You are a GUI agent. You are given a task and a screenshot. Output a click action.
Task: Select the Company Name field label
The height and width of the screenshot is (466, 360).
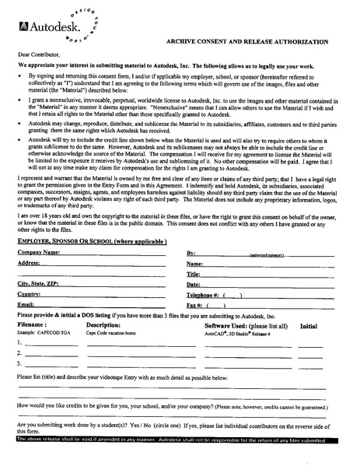tap(38, 254)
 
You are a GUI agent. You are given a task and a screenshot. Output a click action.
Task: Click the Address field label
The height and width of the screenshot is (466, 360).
tap(29, 263)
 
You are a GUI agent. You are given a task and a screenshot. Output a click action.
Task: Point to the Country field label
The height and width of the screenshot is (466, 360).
tap(29, 294)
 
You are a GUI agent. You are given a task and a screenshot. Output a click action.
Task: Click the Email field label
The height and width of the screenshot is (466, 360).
tap(26, 305)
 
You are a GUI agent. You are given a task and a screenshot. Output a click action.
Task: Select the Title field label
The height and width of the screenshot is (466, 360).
tap(194, 274)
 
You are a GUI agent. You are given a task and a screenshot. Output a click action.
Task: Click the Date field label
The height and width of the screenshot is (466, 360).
tap(194, 285)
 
